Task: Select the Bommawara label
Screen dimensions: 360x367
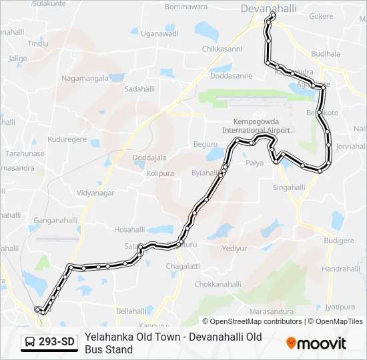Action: (167, 7)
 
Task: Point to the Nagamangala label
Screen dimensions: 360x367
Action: (85, 78)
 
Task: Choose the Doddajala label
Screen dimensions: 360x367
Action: (149, 158)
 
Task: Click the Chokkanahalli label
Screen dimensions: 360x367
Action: (218, 284)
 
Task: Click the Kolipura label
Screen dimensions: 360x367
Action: (160, 173)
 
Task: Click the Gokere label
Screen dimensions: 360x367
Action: (321, 16)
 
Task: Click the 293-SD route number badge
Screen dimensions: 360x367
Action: (57, 343)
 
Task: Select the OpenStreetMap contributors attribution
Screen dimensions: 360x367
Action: (257, 321)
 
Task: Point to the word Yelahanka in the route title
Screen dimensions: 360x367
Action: (109, 337)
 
